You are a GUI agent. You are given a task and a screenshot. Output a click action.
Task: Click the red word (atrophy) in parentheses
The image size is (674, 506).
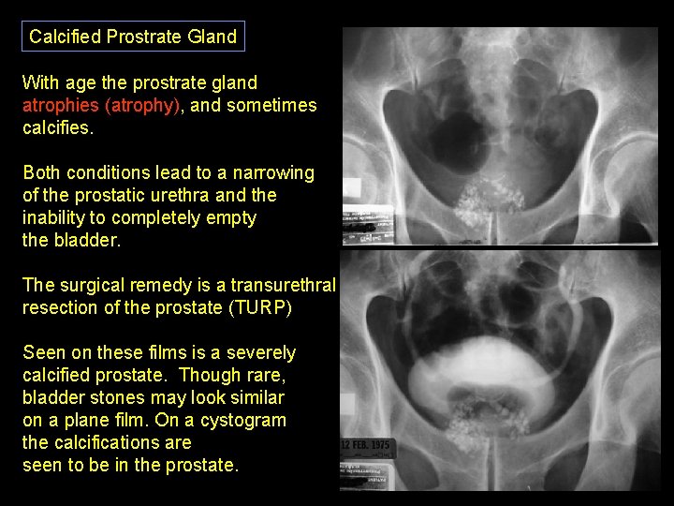click(143, 106)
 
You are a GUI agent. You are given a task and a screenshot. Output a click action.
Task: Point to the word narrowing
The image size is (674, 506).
click(275, 173)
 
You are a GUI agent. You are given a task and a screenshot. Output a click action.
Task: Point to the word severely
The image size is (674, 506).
click(262, 353)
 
